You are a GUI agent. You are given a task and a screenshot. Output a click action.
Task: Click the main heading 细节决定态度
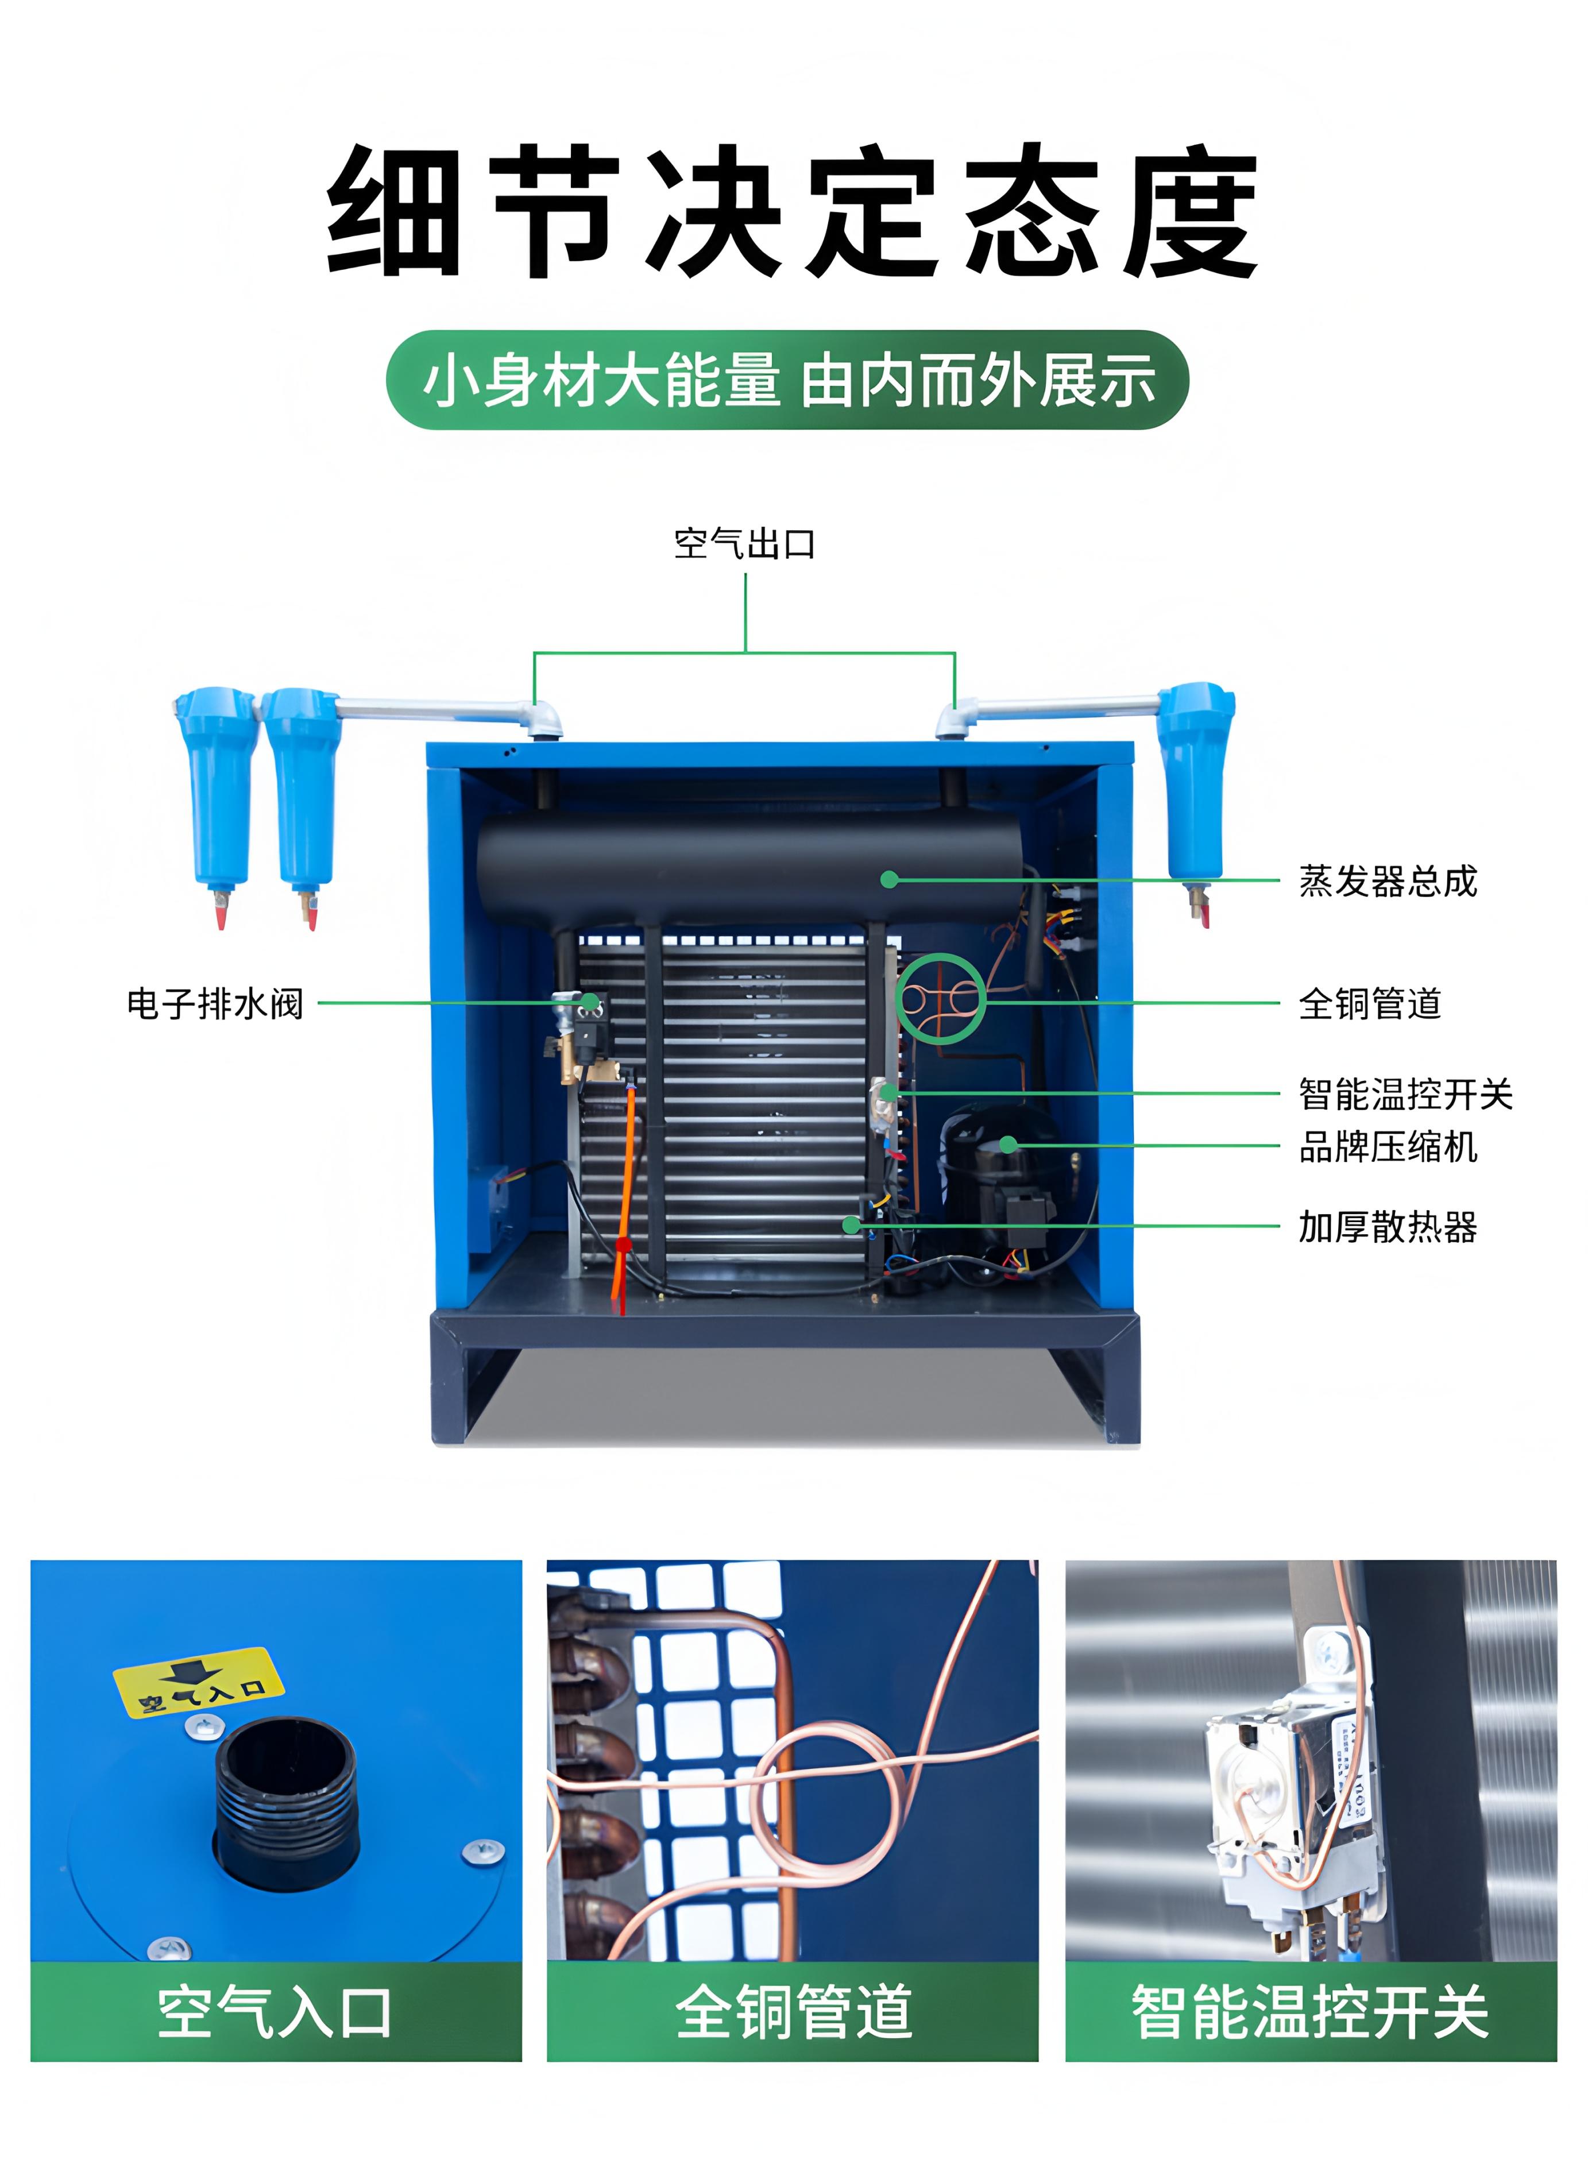click(x=793, y=212)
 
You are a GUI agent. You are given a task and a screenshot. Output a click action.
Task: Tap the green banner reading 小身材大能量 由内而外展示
click(x=787, y=379)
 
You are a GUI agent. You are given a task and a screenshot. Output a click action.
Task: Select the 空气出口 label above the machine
click(x=745, y=544)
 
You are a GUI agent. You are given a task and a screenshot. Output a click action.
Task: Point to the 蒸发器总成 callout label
click(x=1388, y=880)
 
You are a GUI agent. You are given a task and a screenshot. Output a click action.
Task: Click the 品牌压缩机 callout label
click(x=1388, y=1146)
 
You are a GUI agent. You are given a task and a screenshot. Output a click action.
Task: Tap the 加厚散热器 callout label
click(x=1388, y=1227)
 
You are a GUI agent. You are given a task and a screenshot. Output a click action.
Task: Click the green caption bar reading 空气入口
click(x=276, y=2012)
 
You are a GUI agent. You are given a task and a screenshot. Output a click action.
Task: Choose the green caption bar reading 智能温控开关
click(x=1311, y=2012)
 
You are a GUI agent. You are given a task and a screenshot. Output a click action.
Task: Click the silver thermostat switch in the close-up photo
click(x=1290, y=1800)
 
